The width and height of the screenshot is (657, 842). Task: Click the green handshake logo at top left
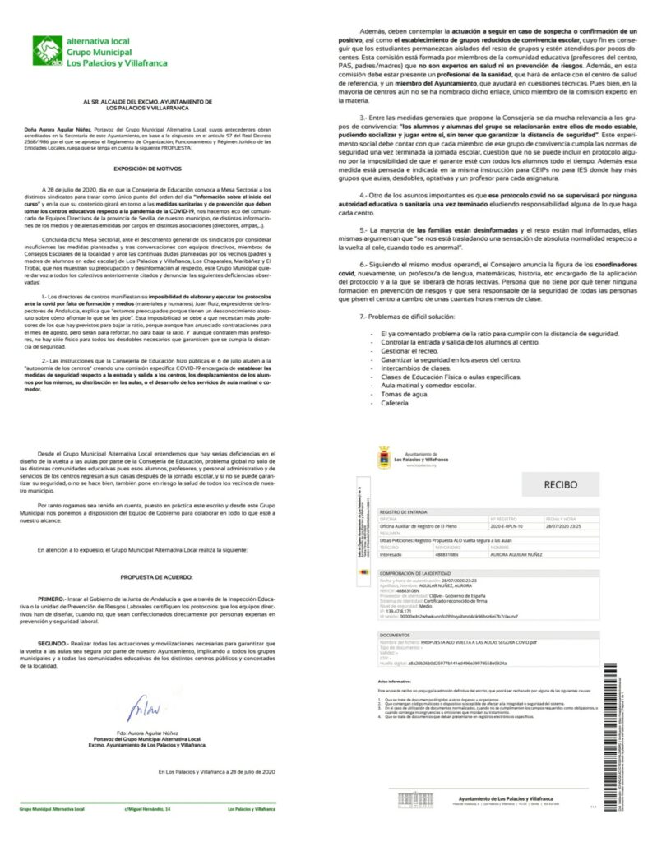[47, 51]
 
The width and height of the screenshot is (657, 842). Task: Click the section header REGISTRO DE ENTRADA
[404, 512]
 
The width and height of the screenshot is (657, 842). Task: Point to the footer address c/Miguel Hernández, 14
[148, 809]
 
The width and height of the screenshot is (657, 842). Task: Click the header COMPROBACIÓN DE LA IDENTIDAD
[415, 573]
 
